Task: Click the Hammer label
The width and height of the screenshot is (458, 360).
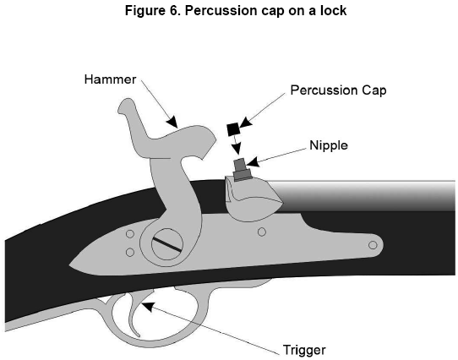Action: [x=110, y=79]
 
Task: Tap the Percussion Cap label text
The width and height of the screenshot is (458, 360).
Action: [x=338, y=90]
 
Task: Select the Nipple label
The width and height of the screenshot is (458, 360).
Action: [x=329, y=145]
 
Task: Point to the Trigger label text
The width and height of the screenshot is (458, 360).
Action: [x=304, y=350]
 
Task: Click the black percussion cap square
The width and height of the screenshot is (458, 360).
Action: [x=233, y=129]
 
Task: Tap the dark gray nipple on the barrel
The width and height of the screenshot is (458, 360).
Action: [x=242, y=169]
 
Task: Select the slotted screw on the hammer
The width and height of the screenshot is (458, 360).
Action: [x=167, y=244]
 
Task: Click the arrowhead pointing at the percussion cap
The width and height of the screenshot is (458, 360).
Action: [x=245, y=123]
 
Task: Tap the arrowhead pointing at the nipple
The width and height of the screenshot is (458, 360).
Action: [x=253, y=161]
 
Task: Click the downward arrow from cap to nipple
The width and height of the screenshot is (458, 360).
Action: [x=237, y=145]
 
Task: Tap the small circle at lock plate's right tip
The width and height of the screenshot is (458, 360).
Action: [x=373, y=245]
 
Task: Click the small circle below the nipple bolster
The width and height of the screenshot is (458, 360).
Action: [x=262, y=232]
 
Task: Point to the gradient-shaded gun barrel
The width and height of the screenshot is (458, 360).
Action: [x=363, y=196]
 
